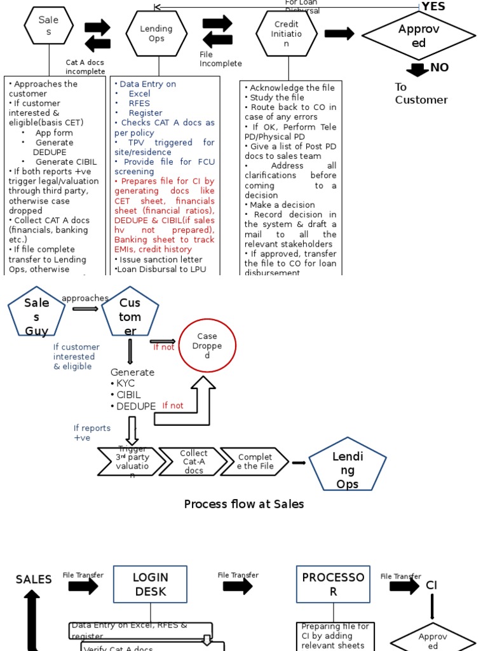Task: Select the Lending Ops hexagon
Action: tap(156, 34)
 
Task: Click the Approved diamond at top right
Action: tap(419, 36)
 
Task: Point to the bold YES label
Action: tap(433, 6)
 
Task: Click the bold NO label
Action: tap(439, 67)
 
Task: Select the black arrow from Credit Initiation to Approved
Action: tap(339, 34)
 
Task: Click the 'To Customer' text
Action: tap(421, 93)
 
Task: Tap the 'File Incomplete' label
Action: tap(220, 59)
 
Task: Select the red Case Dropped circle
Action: tap(207, 346)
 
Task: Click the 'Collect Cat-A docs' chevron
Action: tap(193, 462)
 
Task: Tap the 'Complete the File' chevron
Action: tap(255, 462)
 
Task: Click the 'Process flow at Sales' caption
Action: tap(244, 504)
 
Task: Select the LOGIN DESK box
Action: tap(150, 584)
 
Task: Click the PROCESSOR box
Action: tap(333, 584)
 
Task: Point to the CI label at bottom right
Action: tap(431, 585)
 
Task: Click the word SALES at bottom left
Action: tap(34, 579)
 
